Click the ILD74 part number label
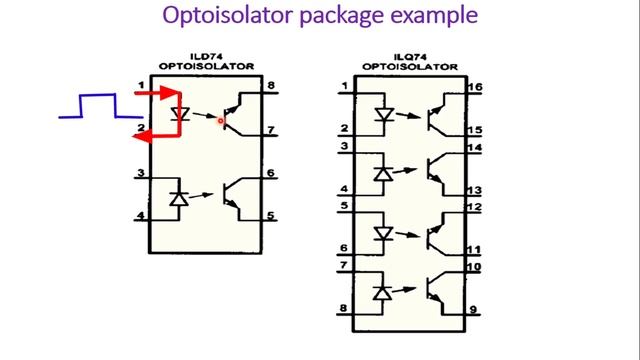click(205, 57)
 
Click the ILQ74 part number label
click(409, 57)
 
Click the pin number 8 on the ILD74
click(271, 87)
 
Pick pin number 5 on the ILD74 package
click(271, 216)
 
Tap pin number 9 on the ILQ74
click(474, 309)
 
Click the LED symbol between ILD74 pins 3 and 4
click(178, 199)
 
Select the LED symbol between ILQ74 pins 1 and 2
click(383, 114)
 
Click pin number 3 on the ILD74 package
click(141, 174)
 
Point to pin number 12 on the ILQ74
click(474, 207)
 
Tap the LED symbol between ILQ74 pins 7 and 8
click(383, 293)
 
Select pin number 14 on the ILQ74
click(474, 147)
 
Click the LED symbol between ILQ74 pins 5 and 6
click(383, 233)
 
